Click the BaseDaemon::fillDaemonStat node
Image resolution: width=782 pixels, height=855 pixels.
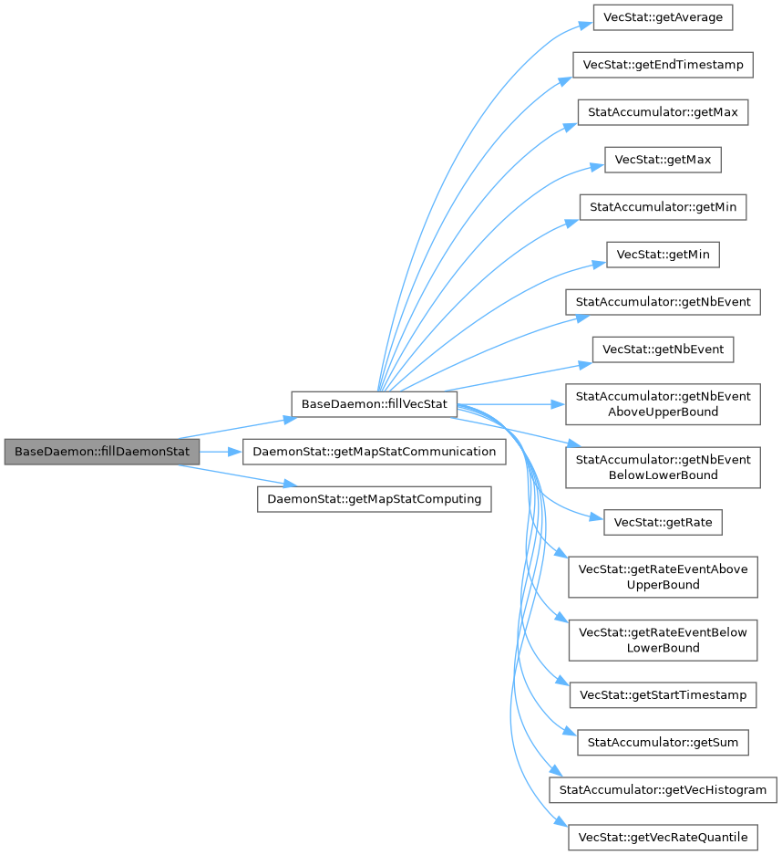point(101,452)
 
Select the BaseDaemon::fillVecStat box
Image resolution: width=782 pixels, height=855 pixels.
point(374,404)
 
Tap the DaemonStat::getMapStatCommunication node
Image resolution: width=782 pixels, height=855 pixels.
point(374,452)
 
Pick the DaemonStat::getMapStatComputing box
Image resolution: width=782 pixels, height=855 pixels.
point(374,499)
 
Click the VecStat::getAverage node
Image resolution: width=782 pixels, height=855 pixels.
point(663,17)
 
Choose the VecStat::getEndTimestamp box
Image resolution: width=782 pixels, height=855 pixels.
point(663,65)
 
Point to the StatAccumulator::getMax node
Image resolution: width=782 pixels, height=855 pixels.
point(663,112)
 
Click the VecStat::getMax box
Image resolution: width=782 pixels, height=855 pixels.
point(663,160)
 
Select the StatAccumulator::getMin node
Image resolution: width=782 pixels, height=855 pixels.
point(663,207)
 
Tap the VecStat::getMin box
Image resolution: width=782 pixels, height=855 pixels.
point(663,255)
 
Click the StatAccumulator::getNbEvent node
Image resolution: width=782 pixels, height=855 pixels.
point(663,302)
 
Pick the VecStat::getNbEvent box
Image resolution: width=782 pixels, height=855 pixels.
point(663,349)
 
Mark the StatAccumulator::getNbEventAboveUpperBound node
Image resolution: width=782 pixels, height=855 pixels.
point(663,404)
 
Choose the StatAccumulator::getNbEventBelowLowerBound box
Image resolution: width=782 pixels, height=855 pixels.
point(663,467)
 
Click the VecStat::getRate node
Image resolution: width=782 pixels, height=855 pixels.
point(663,523)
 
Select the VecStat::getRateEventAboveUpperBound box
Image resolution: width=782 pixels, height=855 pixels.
point(663,577)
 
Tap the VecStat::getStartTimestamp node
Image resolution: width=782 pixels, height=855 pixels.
point(663,695)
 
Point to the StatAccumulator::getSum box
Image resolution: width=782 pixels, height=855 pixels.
point(663,743)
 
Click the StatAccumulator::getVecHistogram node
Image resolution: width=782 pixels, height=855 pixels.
point(663,789)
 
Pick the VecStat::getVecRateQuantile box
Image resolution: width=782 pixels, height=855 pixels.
point(663,837)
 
